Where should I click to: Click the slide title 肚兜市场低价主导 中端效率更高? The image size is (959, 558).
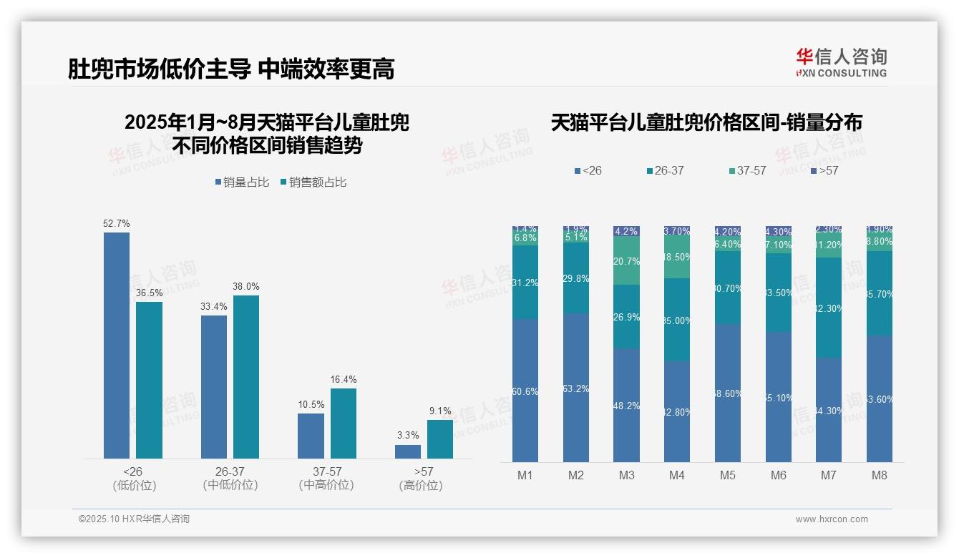[x=230, y=69]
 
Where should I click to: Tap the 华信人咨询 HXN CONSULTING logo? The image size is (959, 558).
[x=841, y=63]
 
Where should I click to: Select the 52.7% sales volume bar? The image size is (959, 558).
[x=117, y=345]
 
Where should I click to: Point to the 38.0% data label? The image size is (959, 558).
[x=246, y=286]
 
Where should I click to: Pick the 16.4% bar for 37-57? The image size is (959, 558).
[x=344, y=423]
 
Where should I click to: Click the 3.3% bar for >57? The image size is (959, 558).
[x=408, y=451]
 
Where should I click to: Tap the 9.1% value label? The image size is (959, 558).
[x=440, y=411]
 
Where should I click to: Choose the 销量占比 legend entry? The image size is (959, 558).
[x=242, y=182]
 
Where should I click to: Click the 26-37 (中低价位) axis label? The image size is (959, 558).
[x=230, y=478]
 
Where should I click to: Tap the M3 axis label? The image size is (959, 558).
[x=627, y=475]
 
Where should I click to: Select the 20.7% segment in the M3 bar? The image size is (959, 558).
[x=627, y=260]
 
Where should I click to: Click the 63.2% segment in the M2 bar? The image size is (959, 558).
[x=576, y=387]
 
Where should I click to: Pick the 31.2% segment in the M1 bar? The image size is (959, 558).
[x=525, y=282]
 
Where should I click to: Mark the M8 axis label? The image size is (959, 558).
[x=880, y=475]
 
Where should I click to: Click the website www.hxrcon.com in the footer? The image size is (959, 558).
[x=832, y=519]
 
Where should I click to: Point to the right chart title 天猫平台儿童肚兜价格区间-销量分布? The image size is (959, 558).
[x=706, y=122]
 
